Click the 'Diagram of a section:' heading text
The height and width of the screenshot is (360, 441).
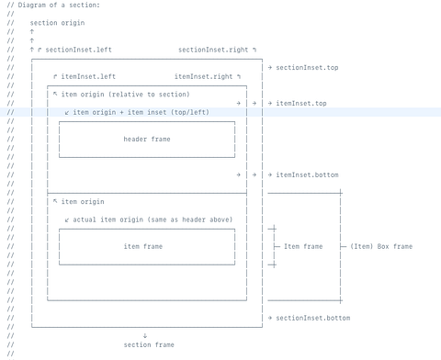pos(59,6)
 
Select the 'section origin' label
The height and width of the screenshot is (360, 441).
pos(57,23)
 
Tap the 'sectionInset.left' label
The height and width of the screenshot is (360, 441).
pos(79,50)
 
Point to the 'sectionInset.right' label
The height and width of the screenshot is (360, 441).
pos(213,50)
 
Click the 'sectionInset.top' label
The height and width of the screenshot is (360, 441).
pos(307,68)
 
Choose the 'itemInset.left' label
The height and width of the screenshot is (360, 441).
pos(88,76)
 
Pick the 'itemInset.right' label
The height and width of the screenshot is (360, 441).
pos(204,76)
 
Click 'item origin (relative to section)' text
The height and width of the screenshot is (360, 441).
pos(126,95)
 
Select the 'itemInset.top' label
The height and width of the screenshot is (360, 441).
pos(301,104)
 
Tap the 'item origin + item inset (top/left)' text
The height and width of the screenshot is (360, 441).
pos(141,112)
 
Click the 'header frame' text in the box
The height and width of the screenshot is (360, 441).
pos(147,140)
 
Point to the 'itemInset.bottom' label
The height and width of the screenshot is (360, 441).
pos(307,174)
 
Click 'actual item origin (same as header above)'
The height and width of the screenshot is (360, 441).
pos(153,219)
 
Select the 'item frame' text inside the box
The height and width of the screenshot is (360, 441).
pos(143,246)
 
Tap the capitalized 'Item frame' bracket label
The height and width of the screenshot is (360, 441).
pos(303,246)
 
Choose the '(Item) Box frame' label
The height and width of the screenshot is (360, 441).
pos(381,246)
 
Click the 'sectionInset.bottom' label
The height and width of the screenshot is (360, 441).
pos(313,318)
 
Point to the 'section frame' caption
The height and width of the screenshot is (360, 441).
pos(149,345)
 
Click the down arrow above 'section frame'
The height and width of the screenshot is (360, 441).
pos(145,336)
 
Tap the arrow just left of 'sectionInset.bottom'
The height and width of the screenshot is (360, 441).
pos(270,318)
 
